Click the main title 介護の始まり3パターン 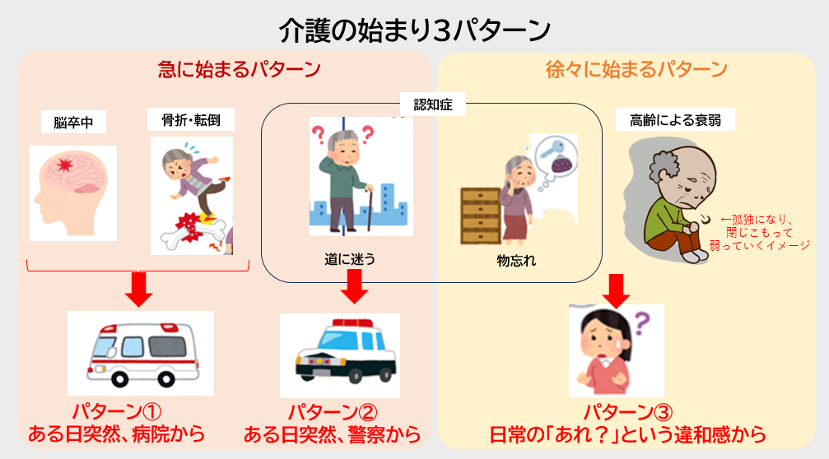point(415,30)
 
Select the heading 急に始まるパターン point(239,69)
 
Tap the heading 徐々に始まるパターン point(636,69)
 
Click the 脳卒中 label point(73,123)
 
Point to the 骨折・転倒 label point(191,120)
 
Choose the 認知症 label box point(433,104)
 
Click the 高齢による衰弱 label point(675,120)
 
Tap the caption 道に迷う point(350,259)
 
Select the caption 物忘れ point(516,261)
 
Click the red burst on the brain point(64,165)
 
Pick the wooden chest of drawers point(480,216)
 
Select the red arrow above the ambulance point(138,289)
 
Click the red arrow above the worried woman point(616,291)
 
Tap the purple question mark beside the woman point(642,322)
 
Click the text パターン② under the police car point(333,412)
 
